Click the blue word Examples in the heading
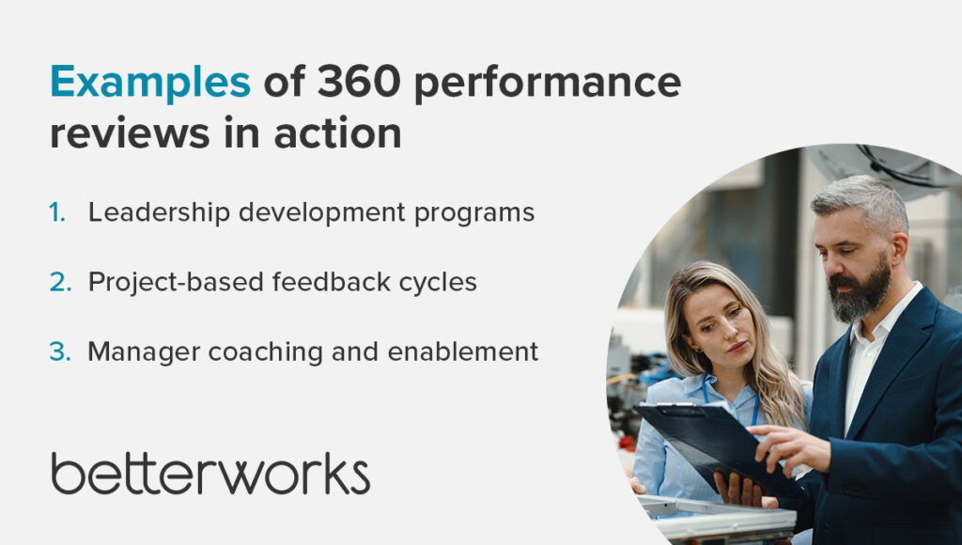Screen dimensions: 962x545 (x=150, y=83)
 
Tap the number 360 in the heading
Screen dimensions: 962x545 (x=359, y=81)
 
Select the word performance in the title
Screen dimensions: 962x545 (x=548, y=84)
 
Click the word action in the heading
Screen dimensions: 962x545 (x=337, y=132)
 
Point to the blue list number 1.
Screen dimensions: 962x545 (x=57, y=212)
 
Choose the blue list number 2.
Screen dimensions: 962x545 (x=60, y=282)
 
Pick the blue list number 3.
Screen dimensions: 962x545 (x=60, y=351)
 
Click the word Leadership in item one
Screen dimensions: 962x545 (x=159, y=213)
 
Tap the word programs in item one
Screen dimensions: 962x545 (x=474, y=215)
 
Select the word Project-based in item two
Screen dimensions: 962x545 (x=176, y=283)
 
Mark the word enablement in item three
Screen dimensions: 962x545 (x=463, y=351)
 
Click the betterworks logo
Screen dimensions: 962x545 (x=210, y=474)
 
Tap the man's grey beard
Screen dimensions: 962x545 (x=860, y=292)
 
